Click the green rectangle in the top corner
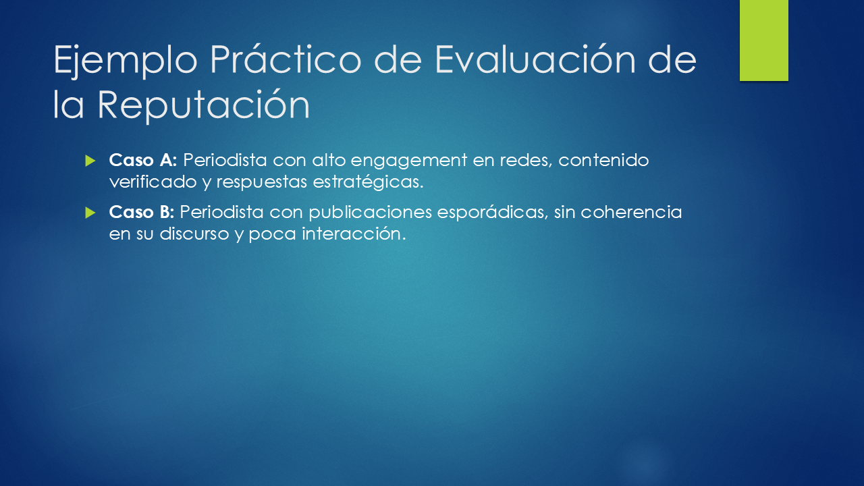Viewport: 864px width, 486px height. pyautogui.click(x=763, y=40)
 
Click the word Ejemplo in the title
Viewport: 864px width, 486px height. pyautogui.click(x=126, y=61)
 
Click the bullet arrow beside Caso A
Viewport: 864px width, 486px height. pyautogui.click(x=90, y=161)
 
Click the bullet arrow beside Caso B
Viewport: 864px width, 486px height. pyautogui.click(x=90, y=213)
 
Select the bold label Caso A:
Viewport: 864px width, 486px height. pyautogui.click(x=142, y=160)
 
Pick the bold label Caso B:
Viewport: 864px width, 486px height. pyautogui.click(x=142, y=212)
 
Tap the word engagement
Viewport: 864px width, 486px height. pyautogui.click(x=409, y=161)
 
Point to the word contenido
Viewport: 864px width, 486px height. pyautogui.click(x=603, y=160)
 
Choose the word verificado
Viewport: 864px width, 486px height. pyautogui.click(x=153, y=182)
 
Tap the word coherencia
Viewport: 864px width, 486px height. pyautogui.click(x=631, y=212)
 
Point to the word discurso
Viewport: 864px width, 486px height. pyautogui.click(x=194, y=234)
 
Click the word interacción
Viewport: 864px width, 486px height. pyautogui.click(x=354, y=233)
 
